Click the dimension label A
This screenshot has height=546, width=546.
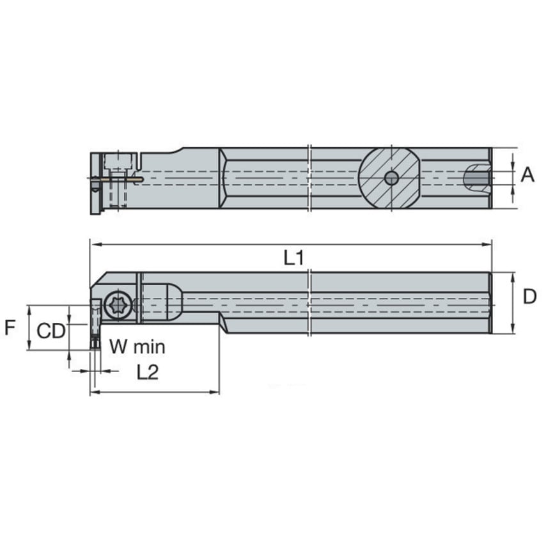coord(527,174)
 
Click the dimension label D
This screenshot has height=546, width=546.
coord(529,297)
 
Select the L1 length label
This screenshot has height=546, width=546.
coord(293,258)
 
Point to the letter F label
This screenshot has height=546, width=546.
coord(9,328)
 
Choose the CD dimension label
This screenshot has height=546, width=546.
coord(51,331)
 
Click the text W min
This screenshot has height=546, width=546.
coord(137,347)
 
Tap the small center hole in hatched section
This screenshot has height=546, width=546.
coord(391,178)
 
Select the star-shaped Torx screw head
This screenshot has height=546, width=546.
coord(118,304)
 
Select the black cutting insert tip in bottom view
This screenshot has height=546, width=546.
coord(95,343)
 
